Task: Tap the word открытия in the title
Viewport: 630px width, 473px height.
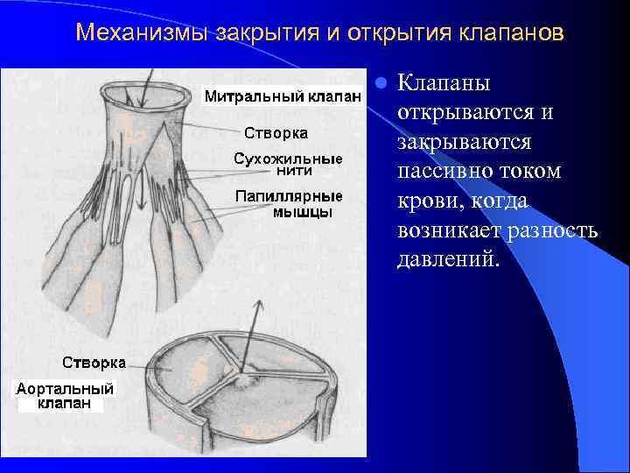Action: point(390,33)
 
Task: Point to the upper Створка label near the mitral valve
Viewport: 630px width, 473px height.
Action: point(275,133)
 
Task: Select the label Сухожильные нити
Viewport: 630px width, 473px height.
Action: point(288,166)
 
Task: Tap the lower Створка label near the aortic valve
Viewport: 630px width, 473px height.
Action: point(94,362)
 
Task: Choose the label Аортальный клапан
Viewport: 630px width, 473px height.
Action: point(66,396)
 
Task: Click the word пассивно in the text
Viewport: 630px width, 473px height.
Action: point(445,172)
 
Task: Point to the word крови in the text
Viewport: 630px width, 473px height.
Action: point(428,201)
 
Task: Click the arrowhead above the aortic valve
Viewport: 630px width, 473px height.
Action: point(258,303)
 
